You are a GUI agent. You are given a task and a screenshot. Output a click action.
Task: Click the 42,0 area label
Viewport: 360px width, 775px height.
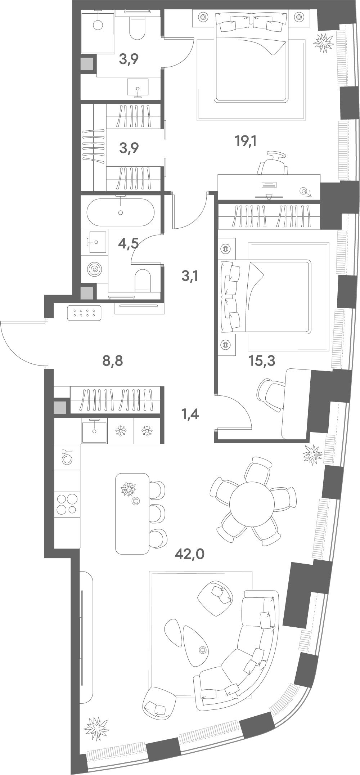pyautogui.click(x=189, y=554)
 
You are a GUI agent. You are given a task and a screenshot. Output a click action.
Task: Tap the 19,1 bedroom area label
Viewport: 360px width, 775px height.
pyautogui.click(x=245, y=141)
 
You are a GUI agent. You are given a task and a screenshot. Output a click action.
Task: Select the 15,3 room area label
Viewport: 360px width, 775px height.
pyautogui.click(x=262, y=360)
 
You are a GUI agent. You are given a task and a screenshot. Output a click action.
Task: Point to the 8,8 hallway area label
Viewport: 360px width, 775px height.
pyautogui.click(x=113, y=360)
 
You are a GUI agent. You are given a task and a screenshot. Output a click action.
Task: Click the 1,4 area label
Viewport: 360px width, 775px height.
pyautogui.click(x=190, y=415)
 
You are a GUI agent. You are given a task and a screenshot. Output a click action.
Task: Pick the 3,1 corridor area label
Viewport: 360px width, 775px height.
pyautogui.click(x=190, y=276)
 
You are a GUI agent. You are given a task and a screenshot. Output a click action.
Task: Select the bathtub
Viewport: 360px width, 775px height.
pyautogui.click(x=121, y=212)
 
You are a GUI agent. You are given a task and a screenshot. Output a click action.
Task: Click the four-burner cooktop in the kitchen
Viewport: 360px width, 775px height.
pyautogui.click(x=67, y=504)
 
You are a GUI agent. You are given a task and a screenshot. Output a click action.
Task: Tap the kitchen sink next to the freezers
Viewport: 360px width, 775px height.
pyautogui.click(x=94, y=431)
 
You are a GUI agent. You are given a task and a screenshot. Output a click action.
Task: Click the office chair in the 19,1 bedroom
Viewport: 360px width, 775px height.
pyautogui.click(x=273, y=163)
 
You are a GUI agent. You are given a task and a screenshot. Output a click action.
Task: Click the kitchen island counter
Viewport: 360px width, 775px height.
pyautogui.click(x=132, y=514)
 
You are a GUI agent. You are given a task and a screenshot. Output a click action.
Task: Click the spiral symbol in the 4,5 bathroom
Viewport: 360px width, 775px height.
pyautogui.click(x=95, y=269)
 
